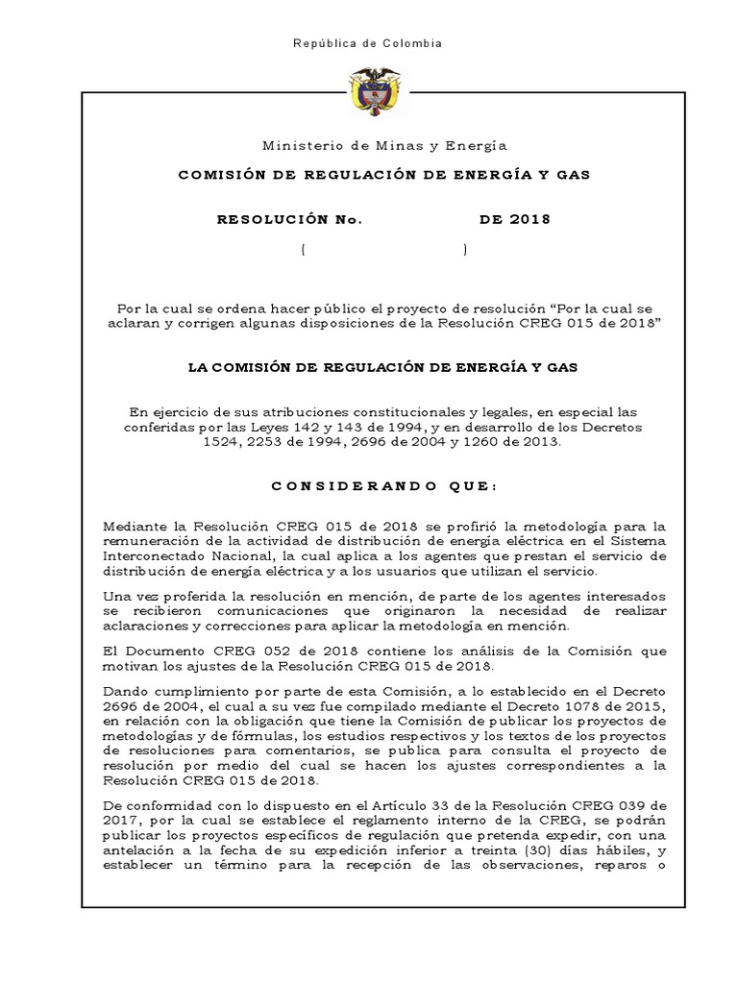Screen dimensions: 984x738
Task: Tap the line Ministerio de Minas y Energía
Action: tap(384, 145)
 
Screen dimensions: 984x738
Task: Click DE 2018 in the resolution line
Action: tap(515, 219)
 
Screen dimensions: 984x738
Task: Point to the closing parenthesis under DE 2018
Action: tap(465, 250)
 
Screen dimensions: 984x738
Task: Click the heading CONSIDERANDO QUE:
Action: tap(384, 486)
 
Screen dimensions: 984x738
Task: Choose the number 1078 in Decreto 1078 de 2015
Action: tap(551, 704)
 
